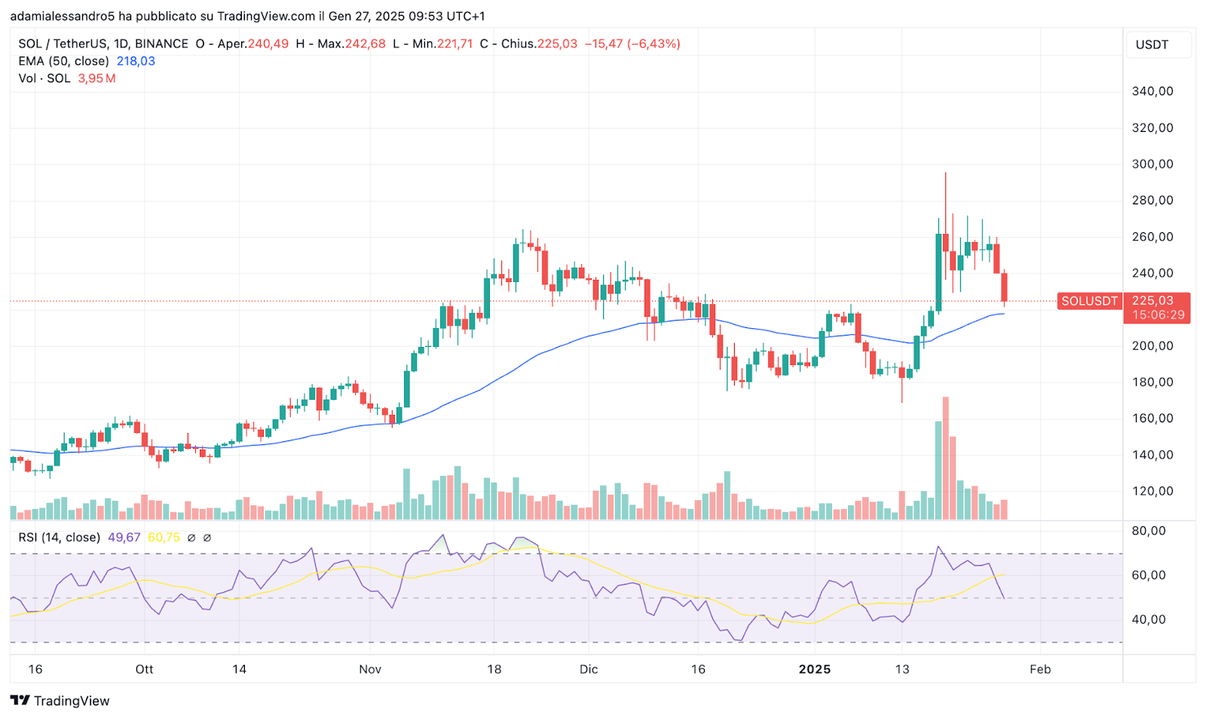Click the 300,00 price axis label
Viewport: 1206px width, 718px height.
click(1152, 164)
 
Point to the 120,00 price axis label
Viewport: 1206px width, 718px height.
click(1152, 491)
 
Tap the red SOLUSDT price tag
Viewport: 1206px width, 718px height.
click(1089, 301)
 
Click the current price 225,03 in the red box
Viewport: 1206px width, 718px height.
click(1152, 300)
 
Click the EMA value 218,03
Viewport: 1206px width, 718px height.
click(136, 61)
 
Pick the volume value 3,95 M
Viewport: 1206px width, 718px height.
click(96, 78)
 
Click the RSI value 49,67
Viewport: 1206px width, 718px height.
click(124, 537)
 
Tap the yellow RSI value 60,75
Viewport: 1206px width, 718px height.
click(164, 537)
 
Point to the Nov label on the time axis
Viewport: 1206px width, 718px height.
click(370, 669)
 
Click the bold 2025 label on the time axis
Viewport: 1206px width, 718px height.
click(814, 669)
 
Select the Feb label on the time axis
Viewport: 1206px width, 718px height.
click(1040, 669)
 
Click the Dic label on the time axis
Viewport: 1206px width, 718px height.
click(589, 669)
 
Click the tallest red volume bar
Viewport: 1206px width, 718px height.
click(945, 458)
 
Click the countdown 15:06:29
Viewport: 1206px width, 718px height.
click(1158, 315)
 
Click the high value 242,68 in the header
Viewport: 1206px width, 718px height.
click(365, 44)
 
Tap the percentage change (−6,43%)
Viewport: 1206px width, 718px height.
click(654, 44)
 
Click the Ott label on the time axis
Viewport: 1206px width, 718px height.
click(144, 669)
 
